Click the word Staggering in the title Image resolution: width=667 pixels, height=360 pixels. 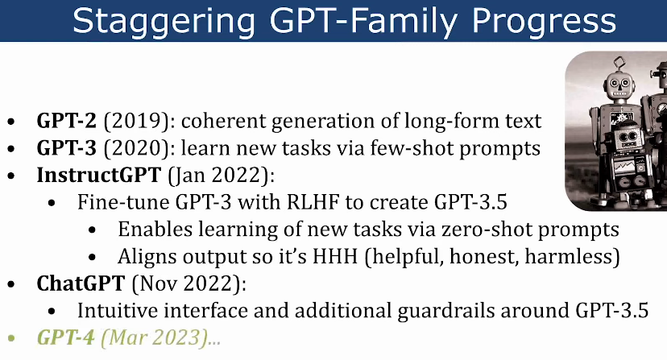coord(164,21)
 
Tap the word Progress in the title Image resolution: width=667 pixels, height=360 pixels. coord(544,21)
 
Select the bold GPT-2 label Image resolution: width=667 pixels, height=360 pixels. coord(67,121)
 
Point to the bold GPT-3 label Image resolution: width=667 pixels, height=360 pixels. coord(67,148)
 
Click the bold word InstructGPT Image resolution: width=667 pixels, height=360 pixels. coord(99,175)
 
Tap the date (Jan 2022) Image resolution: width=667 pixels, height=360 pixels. coord(222,176)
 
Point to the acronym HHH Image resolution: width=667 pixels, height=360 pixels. coord(335,257)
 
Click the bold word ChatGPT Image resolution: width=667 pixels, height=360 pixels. coord(81,283)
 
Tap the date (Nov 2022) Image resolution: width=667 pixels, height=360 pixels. coord(189,283)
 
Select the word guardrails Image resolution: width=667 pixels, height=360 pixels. coord(446,311)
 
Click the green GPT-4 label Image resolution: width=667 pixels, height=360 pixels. coord(65,337)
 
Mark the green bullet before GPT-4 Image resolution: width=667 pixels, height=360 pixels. coord(11,339)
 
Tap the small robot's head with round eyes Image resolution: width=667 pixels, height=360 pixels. coord(628,138)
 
